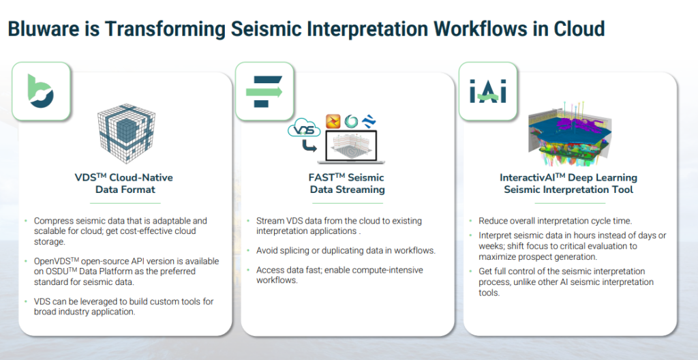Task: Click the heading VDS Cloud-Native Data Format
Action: (x=123, y=183)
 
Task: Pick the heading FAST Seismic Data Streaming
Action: (x=347, y=183)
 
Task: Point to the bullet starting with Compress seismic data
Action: (x=116, y=231)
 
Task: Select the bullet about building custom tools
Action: (x=112, y=306)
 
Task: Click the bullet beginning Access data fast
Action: (x=339, y=275)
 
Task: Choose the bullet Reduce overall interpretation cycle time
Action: (x=555, y=221)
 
